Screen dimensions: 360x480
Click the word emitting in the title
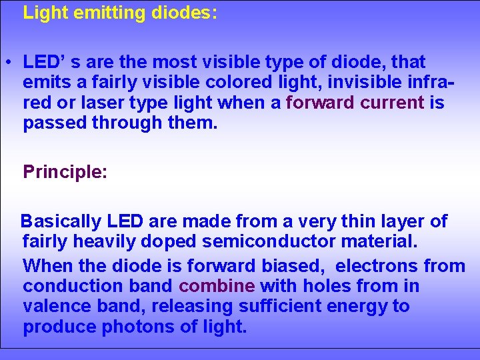[97, 13]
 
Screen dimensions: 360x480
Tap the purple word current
[393, 103]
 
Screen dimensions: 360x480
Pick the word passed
[55, 123]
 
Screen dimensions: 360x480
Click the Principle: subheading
[65, 172]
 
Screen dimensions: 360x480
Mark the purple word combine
[217, 286]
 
